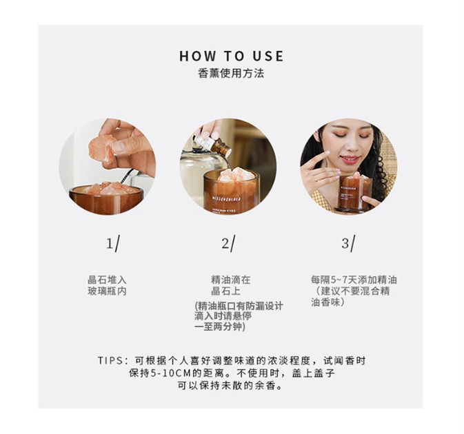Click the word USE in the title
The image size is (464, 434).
tap(268, 56)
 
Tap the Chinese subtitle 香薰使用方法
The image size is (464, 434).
tap(231, 73)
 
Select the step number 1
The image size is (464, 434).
tap(110, 244)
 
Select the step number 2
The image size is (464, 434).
tap(225, 244)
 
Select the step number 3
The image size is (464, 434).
tap(345, 244)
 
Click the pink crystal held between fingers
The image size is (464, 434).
tap(101, 149)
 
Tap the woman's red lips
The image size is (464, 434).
tap(350, 160)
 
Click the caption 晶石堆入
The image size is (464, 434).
tap(107, 280)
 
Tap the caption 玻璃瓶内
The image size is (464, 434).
tap(107, 291)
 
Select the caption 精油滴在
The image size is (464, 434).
tap(231, 280)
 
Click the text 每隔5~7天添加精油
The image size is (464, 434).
tap(354, 280)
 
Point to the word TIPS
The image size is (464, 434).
tap(110, 361)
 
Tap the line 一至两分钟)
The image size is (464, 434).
tap(220, 327)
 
